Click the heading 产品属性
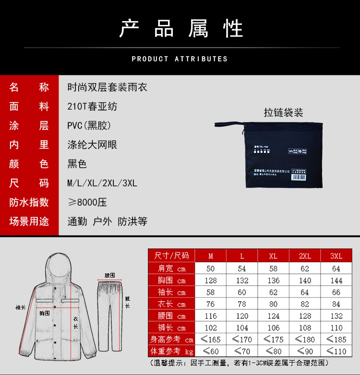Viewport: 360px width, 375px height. point(181,29)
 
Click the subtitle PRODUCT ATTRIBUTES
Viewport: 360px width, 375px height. point(180,59)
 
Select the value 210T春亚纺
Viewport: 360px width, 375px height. point(92,106)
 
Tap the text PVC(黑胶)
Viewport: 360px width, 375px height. point(89,126)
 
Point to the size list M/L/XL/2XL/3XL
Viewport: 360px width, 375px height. point(102,183)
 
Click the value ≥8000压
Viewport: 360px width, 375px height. point(87,202)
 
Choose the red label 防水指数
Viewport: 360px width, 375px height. point(29,202)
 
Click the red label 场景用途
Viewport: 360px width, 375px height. point(29,221)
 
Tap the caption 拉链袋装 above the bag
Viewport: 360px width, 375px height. point(283,113)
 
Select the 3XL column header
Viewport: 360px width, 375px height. point(336,256)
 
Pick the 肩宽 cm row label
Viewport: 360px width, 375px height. point(171,269)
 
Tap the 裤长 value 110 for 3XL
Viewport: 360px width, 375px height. point(336,328)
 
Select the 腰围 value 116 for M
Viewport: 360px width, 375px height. point(211,316)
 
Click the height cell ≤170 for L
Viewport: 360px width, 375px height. point(242,340)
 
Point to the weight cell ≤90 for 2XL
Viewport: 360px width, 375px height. point(305,352)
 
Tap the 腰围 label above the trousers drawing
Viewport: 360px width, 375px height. point(109,276)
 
